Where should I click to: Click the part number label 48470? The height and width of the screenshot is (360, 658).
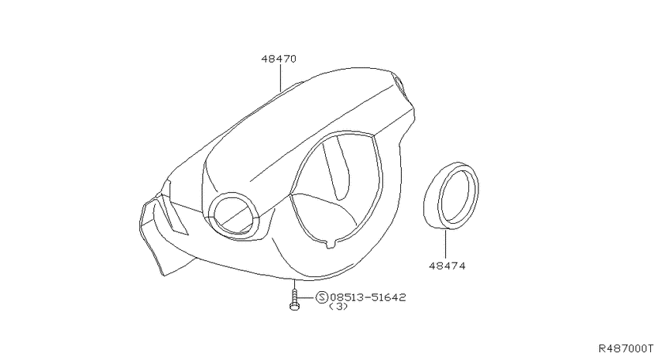pyautogui.click(x=279, y=59)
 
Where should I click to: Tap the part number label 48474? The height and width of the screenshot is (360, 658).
pyautogui.click(x=447, y=266)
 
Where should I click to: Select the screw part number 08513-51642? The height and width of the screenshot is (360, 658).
pyautogui.click(x=368, y=297)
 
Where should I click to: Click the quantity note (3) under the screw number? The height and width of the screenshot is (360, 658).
pyautogui.click(x=338, y=307)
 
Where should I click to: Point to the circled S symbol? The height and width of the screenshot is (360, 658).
pyautogui.click(x=321, y=297)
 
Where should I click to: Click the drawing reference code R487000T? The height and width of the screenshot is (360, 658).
pyautogui.click(x=625, y=348)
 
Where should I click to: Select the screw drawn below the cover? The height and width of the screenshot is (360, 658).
pyautogui.click(x=295, y=300)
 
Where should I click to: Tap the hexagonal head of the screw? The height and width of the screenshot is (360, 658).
pyautogui.click(x=295, y=307)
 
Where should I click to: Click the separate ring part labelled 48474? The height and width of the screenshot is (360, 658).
pyautogui.click(x=451, y=196)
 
